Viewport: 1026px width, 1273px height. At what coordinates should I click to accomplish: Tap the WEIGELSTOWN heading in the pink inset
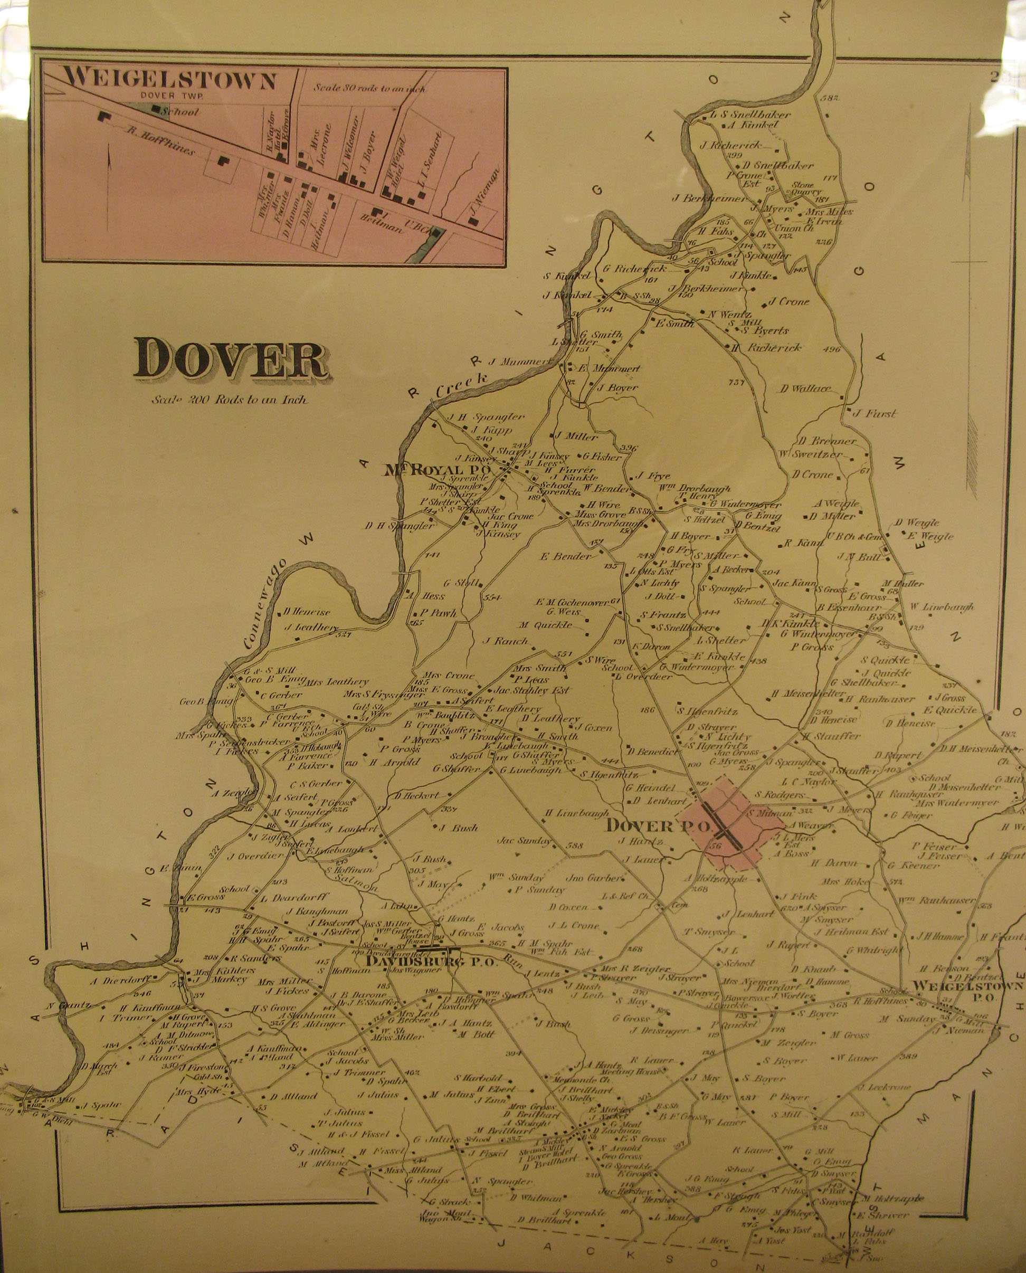[x=169, y=80]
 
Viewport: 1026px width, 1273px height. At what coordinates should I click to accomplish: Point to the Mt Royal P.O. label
[x=438, y=470]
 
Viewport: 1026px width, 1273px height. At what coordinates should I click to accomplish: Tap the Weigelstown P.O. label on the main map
[x=967, y=991]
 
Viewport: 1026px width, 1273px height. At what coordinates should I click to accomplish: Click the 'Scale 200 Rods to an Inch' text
[x=229, y=400]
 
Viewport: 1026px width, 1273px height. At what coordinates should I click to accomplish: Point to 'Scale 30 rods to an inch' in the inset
[x=369, y=88]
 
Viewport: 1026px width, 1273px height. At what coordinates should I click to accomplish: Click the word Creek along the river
[x=462, y=385]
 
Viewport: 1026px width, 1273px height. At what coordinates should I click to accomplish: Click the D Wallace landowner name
[x=805, y=389]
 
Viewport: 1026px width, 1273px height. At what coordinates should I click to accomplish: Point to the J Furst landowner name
[x=874, y=414]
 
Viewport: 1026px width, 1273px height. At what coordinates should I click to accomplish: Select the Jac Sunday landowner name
[x=524, y=840]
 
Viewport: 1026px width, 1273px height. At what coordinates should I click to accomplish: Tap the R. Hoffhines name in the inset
[x=161, y=141]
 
